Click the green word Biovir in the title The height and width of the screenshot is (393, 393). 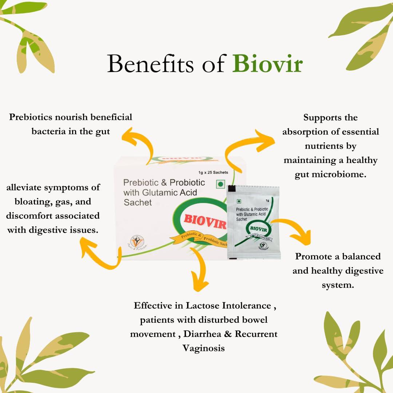pos(267,64)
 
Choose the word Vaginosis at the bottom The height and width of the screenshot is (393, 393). pos(204,348)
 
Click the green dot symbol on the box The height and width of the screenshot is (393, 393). pos(220,184)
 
